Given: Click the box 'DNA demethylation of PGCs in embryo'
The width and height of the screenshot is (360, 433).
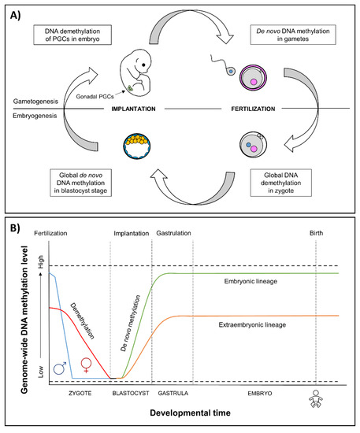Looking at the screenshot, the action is point(72,35).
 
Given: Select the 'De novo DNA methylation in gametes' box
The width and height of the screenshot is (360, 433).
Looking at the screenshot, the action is point(293,35).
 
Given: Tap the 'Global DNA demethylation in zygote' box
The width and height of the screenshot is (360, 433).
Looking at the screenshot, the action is point(280,183).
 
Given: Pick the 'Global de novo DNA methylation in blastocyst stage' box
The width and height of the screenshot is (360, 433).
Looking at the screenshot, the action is point(80,183).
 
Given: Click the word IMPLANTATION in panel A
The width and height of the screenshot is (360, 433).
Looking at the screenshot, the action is point(133,109).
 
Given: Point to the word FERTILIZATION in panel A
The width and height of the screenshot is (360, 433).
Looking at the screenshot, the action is point(253,109).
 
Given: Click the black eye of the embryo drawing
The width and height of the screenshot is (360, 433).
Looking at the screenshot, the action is point(143,65).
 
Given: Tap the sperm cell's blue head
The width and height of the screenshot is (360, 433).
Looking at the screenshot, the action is point(231,72).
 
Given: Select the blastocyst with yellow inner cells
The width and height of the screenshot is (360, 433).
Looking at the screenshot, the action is point(136,146).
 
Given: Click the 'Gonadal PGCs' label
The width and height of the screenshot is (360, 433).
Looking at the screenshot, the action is point(95,97).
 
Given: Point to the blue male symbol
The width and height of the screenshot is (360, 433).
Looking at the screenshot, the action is point(60,368).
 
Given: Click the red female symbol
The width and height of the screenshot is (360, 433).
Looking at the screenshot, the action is point(86,365).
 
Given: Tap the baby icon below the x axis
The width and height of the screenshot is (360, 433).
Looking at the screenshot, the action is point(316,399).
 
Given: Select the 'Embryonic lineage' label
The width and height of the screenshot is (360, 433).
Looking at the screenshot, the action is point(251,281).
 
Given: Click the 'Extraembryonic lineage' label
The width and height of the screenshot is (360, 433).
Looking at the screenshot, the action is point(252,324).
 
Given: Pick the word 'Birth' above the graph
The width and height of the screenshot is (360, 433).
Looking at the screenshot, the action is point(316,233).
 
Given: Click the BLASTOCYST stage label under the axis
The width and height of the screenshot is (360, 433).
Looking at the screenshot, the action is point(131,393).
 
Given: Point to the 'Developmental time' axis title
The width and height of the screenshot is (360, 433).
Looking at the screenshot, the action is point(190,413).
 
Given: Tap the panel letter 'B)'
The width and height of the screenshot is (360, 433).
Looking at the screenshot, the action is point(15,228).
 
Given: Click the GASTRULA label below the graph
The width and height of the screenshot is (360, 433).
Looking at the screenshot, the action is point(173,393).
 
